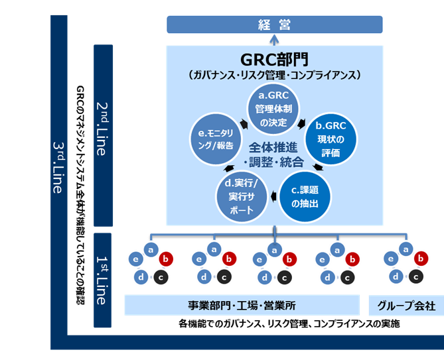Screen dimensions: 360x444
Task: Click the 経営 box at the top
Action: point(274,25)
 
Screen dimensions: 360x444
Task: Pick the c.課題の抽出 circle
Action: point(305,196)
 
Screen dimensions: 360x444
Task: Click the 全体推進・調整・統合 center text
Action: point(275,153)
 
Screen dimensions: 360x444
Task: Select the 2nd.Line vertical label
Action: point(102,136)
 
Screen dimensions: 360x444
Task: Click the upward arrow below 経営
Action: point(274,40)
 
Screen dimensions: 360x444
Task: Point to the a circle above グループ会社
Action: point(402,250)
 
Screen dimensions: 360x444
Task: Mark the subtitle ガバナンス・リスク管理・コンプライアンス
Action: point(274,75)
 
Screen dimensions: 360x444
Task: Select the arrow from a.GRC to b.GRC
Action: point(304,123)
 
